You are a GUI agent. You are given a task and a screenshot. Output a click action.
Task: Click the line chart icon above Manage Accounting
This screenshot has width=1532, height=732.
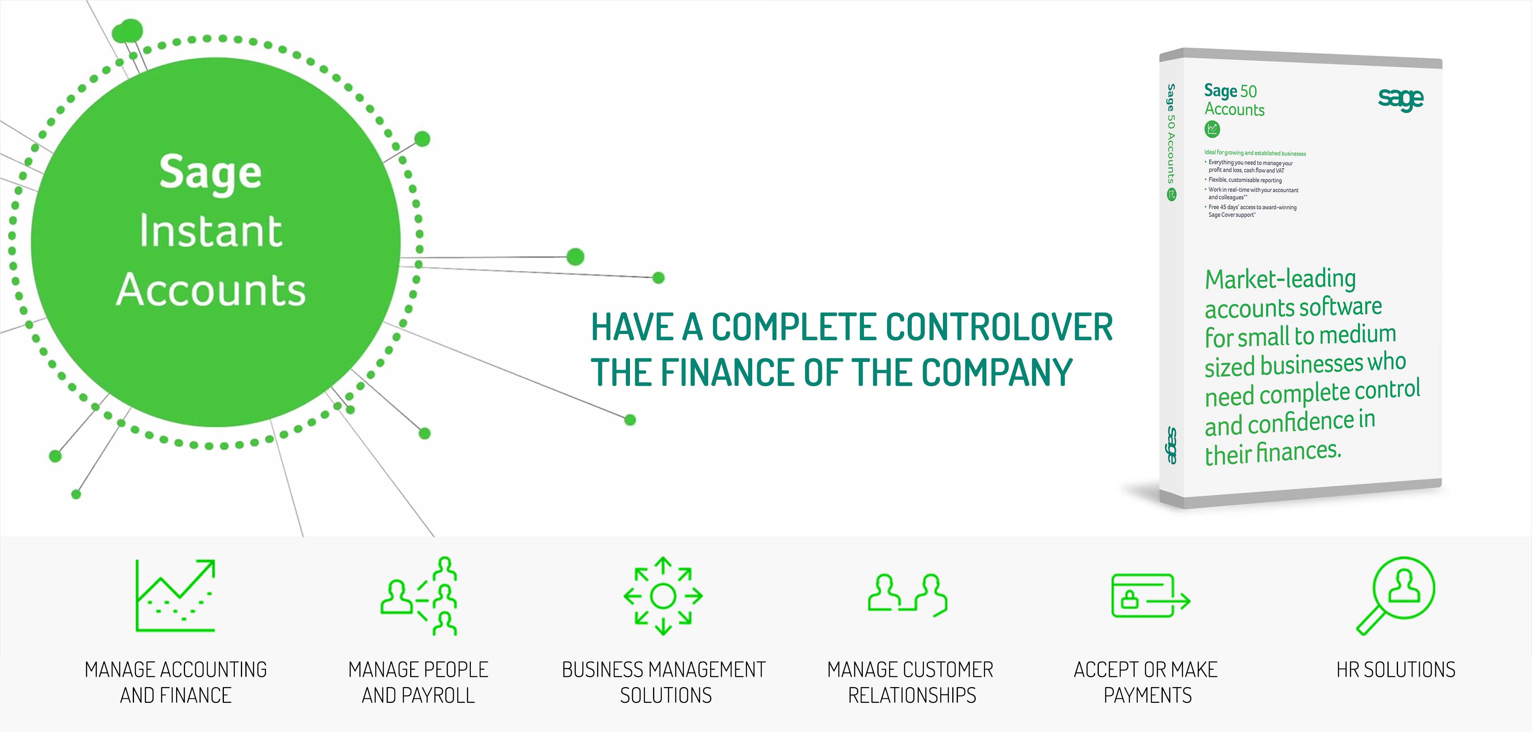click(175, 595)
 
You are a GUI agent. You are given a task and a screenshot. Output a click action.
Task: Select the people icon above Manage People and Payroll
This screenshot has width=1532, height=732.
click(419, 596)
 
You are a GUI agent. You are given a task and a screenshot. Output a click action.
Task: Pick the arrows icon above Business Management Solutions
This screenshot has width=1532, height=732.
click(663, 596)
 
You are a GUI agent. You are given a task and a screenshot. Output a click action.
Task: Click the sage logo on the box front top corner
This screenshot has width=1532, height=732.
click(1400, 99)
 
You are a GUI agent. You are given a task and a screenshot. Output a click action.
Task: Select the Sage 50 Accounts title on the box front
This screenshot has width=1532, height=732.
click(1234, 100)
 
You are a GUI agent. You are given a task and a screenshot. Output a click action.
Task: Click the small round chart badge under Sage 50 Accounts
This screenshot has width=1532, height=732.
click(1212, 128)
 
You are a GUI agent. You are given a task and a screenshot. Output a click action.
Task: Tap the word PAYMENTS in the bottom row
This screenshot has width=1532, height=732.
click(1148, 695)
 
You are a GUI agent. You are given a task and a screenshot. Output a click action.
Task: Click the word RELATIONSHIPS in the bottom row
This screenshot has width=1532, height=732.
click(912, 695)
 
